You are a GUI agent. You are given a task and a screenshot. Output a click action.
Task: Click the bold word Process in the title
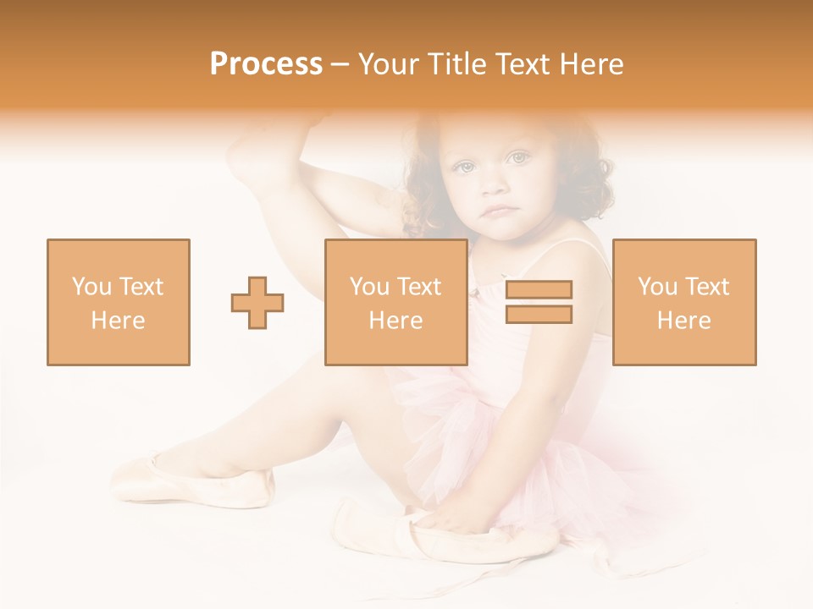click(x=266, y=64)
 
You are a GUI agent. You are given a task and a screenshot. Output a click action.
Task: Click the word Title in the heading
click(x=456, y=64)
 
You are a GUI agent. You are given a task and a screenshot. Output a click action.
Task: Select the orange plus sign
click(x=257, y=302)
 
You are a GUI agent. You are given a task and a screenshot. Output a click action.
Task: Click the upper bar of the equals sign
click(x=539, y=289)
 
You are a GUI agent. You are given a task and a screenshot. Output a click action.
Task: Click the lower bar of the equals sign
click(x=539, y=315)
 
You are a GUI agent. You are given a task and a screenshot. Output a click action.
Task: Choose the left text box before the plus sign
click(x=119, y=302)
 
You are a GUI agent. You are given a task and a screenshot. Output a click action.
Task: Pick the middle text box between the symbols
click(x=395, y=302)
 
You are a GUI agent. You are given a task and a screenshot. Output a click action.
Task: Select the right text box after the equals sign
click(x=684, y=302)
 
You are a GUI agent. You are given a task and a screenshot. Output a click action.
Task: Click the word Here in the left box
click(x=118, y=321)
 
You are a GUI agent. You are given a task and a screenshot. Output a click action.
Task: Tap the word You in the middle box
click(x=369, y=287)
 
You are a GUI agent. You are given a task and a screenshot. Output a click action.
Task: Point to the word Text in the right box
click(x=708, y=287)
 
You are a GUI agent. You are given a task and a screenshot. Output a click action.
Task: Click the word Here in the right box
click(x=683, y=321)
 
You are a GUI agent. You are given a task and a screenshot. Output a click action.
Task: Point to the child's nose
click(x=494, y=184)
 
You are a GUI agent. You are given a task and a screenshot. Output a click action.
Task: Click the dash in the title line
click(x=340, y=64)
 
